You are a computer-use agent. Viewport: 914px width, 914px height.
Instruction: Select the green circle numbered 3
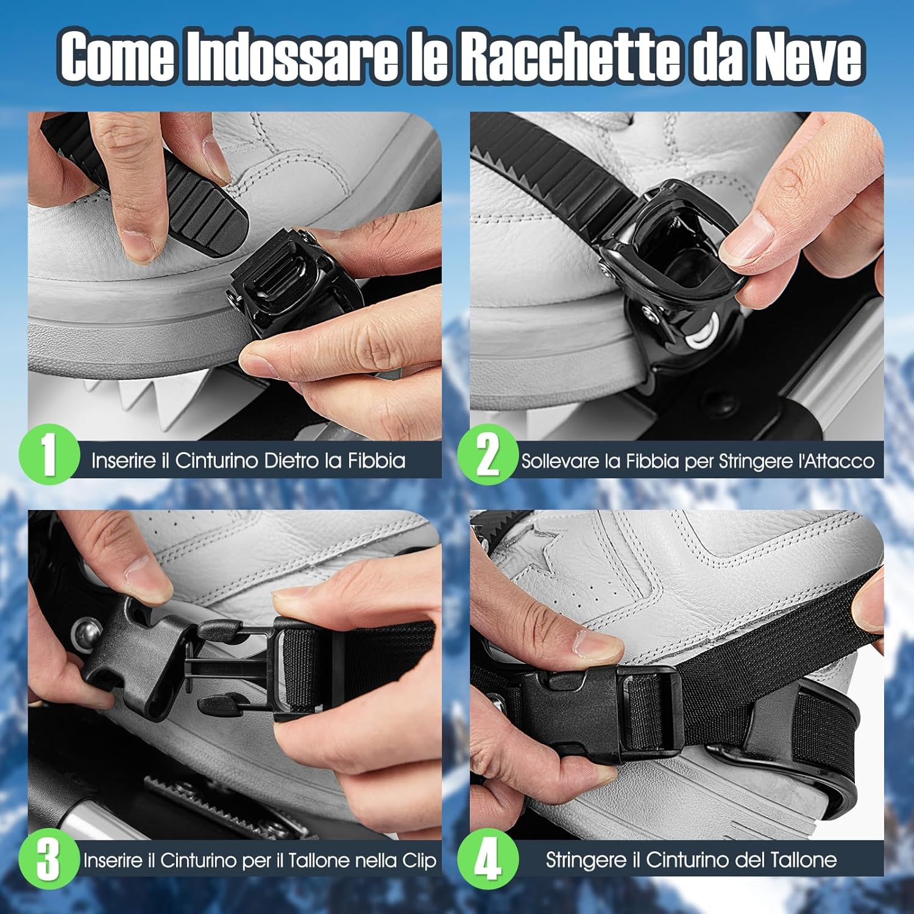pos(49,859)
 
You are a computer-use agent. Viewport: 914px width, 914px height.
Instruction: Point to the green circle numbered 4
pos(487,859)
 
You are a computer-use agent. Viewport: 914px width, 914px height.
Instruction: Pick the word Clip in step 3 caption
pos(419,860)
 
